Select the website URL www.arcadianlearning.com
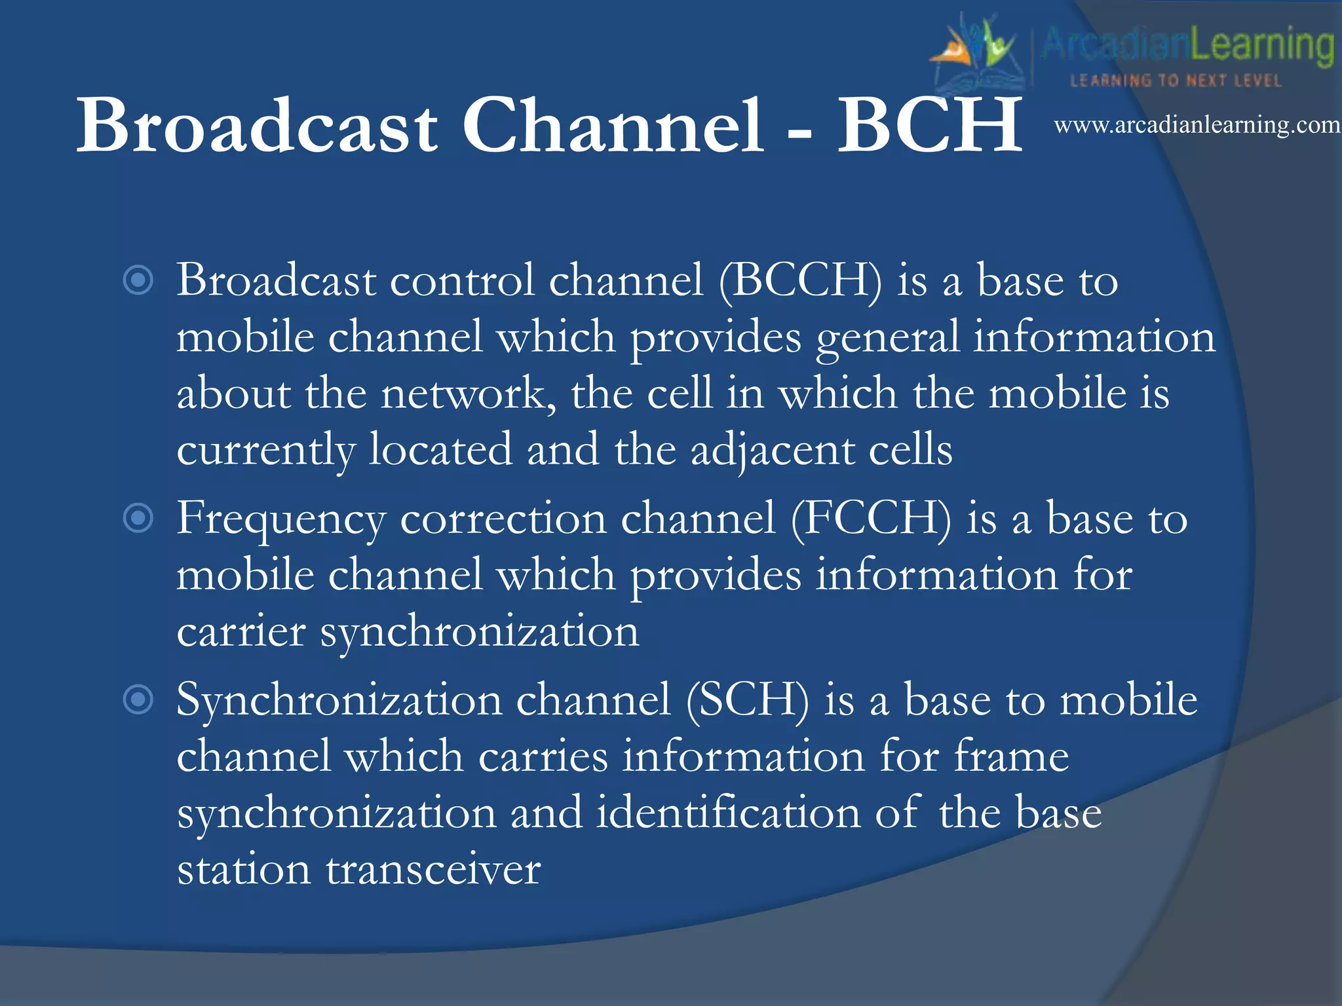[x=1197, y=124]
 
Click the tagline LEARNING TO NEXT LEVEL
[x=1176, y=81]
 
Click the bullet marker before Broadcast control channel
[x=138, y=281]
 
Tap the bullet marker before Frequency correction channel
[x=138, y=519]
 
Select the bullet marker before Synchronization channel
[x=138, y=699]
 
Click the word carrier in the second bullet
[x=241, y=633]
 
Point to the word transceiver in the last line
[x=433, y=870]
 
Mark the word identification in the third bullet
[x=728, y=813]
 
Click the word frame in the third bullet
[x=1011, y=757]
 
